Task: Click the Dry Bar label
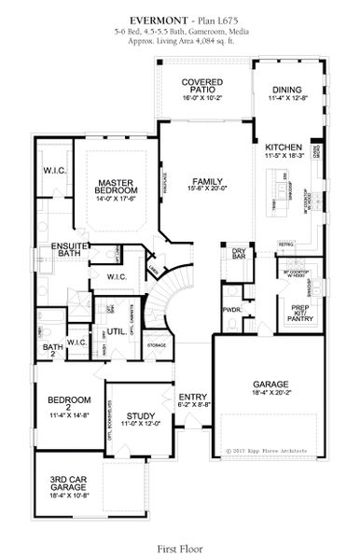[239, 253]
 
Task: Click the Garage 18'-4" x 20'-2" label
[271, 387]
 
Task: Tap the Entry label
[193, 399]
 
